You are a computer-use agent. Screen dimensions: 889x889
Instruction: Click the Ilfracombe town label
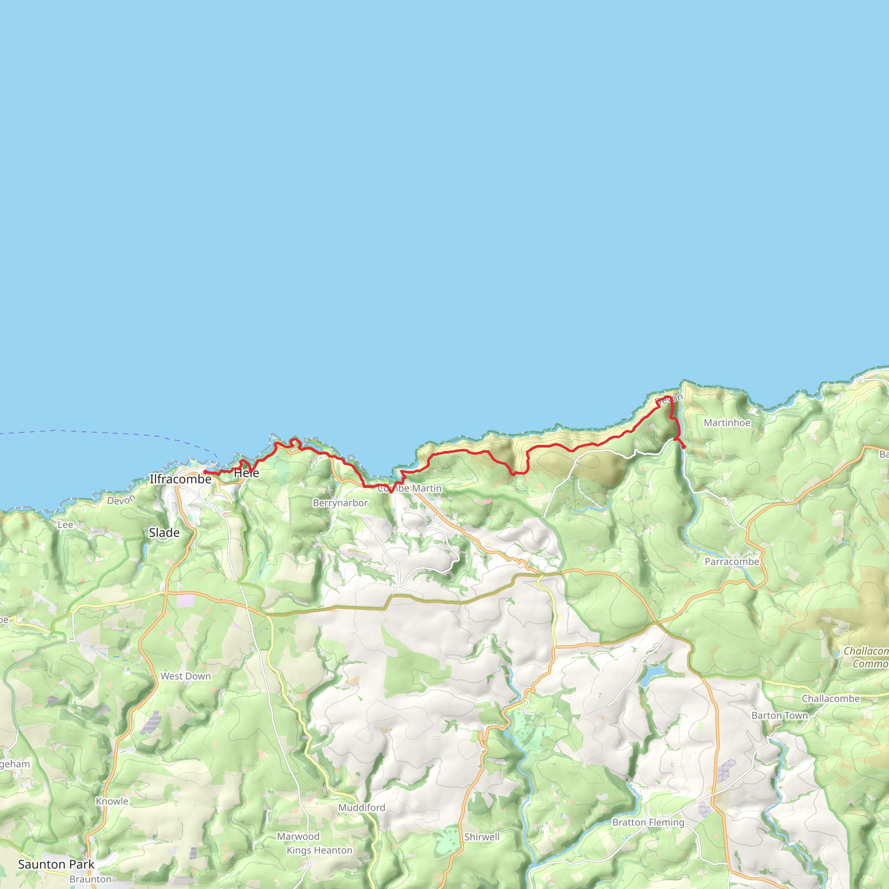pos(181,479)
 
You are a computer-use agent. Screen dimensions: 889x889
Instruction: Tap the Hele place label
pos(247,473)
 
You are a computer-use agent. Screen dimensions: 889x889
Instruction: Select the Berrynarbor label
pos(340,503)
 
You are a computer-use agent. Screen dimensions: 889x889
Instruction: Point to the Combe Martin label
pos(409,488)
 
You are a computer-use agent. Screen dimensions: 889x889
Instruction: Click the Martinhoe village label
pos(727,423)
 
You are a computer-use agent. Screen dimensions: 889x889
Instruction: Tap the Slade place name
pos(164,533)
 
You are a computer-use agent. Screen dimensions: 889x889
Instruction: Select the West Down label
pos(185,676)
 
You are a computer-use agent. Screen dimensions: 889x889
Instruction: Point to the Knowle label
pos(112,801)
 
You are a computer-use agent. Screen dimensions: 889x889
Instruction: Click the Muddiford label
pos(362,807)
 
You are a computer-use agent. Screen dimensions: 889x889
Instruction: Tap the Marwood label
pos(298,836)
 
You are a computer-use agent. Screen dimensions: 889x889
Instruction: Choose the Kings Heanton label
pos(319,850)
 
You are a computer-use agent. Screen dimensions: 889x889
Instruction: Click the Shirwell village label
pos(482,837)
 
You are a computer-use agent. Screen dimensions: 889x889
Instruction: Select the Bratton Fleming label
pos(649,822)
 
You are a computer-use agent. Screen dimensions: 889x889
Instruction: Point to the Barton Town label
pos(780,715)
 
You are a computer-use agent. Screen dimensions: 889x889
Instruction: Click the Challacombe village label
pos(830,698)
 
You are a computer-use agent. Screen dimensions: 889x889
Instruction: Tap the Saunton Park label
pos(56,864)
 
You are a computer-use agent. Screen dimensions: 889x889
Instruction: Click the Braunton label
pos(91,879)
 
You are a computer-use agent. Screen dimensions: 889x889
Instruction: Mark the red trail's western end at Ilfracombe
pos(205,472)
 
